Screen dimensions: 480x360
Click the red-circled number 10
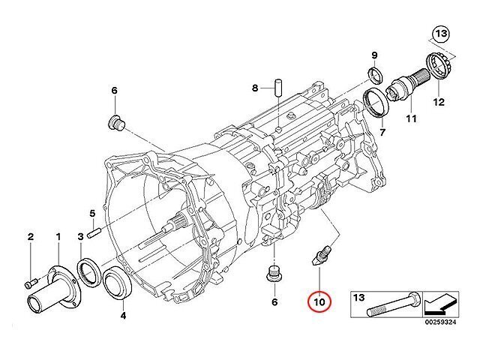319,302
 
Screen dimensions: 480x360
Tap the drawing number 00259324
440,322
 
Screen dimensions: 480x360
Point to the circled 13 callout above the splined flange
441,34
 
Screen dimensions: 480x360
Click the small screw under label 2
30,283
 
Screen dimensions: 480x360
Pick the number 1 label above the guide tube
58,237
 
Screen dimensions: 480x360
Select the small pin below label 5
94,234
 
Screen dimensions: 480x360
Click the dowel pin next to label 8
278,88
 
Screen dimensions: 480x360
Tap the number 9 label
374,55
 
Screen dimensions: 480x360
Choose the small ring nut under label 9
375,74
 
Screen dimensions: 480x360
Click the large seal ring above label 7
376,102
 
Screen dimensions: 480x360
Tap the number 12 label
439,102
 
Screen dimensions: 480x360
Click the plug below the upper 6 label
117,123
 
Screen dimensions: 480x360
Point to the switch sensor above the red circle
322,254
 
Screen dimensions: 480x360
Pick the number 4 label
123,315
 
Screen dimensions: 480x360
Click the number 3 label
80,237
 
